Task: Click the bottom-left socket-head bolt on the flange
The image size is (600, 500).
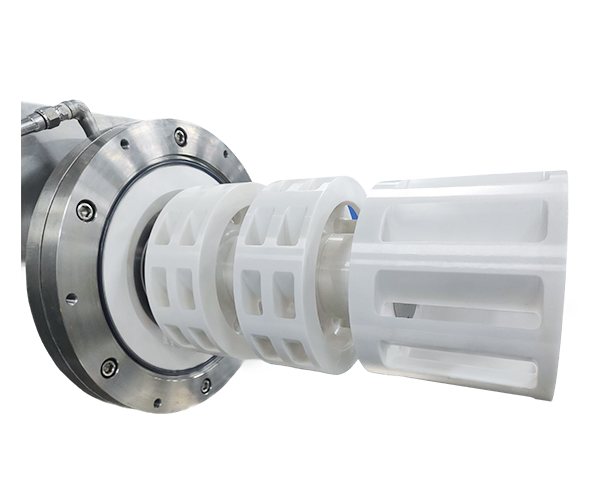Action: pyautogui.click(x=108, y=367)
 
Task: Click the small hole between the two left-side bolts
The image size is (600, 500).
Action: pyautogui.click(x=71, y=297)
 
